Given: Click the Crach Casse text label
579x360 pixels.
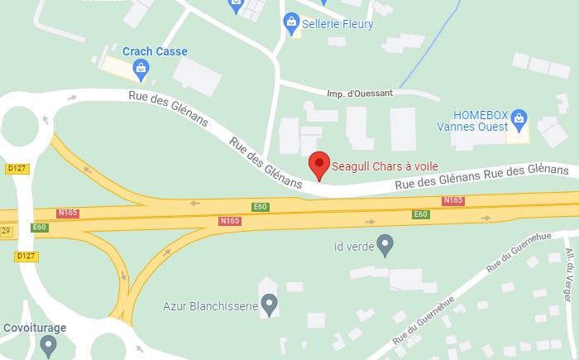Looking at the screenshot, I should [x=155, y=51].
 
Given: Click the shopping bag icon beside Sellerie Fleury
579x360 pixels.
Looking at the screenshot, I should [x=290, y=22].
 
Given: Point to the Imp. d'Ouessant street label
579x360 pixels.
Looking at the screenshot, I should [x=360, y=93].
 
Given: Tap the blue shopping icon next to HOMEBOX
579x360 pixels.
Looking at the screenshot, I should [x=519, y=117].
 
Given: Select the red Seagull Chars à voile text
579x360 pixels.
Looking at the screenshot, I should [x=385, y=166].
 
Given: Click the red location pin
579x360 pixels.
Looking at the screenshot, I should [x=319, y=164].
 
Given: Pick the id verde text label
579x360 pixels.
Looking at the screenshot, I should [x=350, y=245].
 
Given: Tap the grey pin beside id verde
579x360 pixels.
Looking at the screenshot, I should [x=385, y=244].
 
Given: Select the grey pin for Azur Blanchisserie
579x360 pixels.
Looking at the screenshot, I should [x=269, y=304].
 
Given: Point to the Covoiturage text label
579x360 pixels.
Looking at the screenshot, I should [x=35, y=328].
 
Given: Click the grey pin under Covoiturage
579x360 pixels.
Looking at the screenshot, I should [x=48, y=345].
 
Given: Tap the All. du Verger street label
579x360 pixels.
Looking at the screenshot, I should [x=570, y=270].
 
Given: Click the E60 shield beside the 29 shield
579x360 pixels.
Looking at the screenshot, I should [x=39, y=227].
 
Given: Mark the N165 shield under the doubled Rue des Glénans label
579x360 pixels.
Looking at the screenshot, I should [x=453, y=200].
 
